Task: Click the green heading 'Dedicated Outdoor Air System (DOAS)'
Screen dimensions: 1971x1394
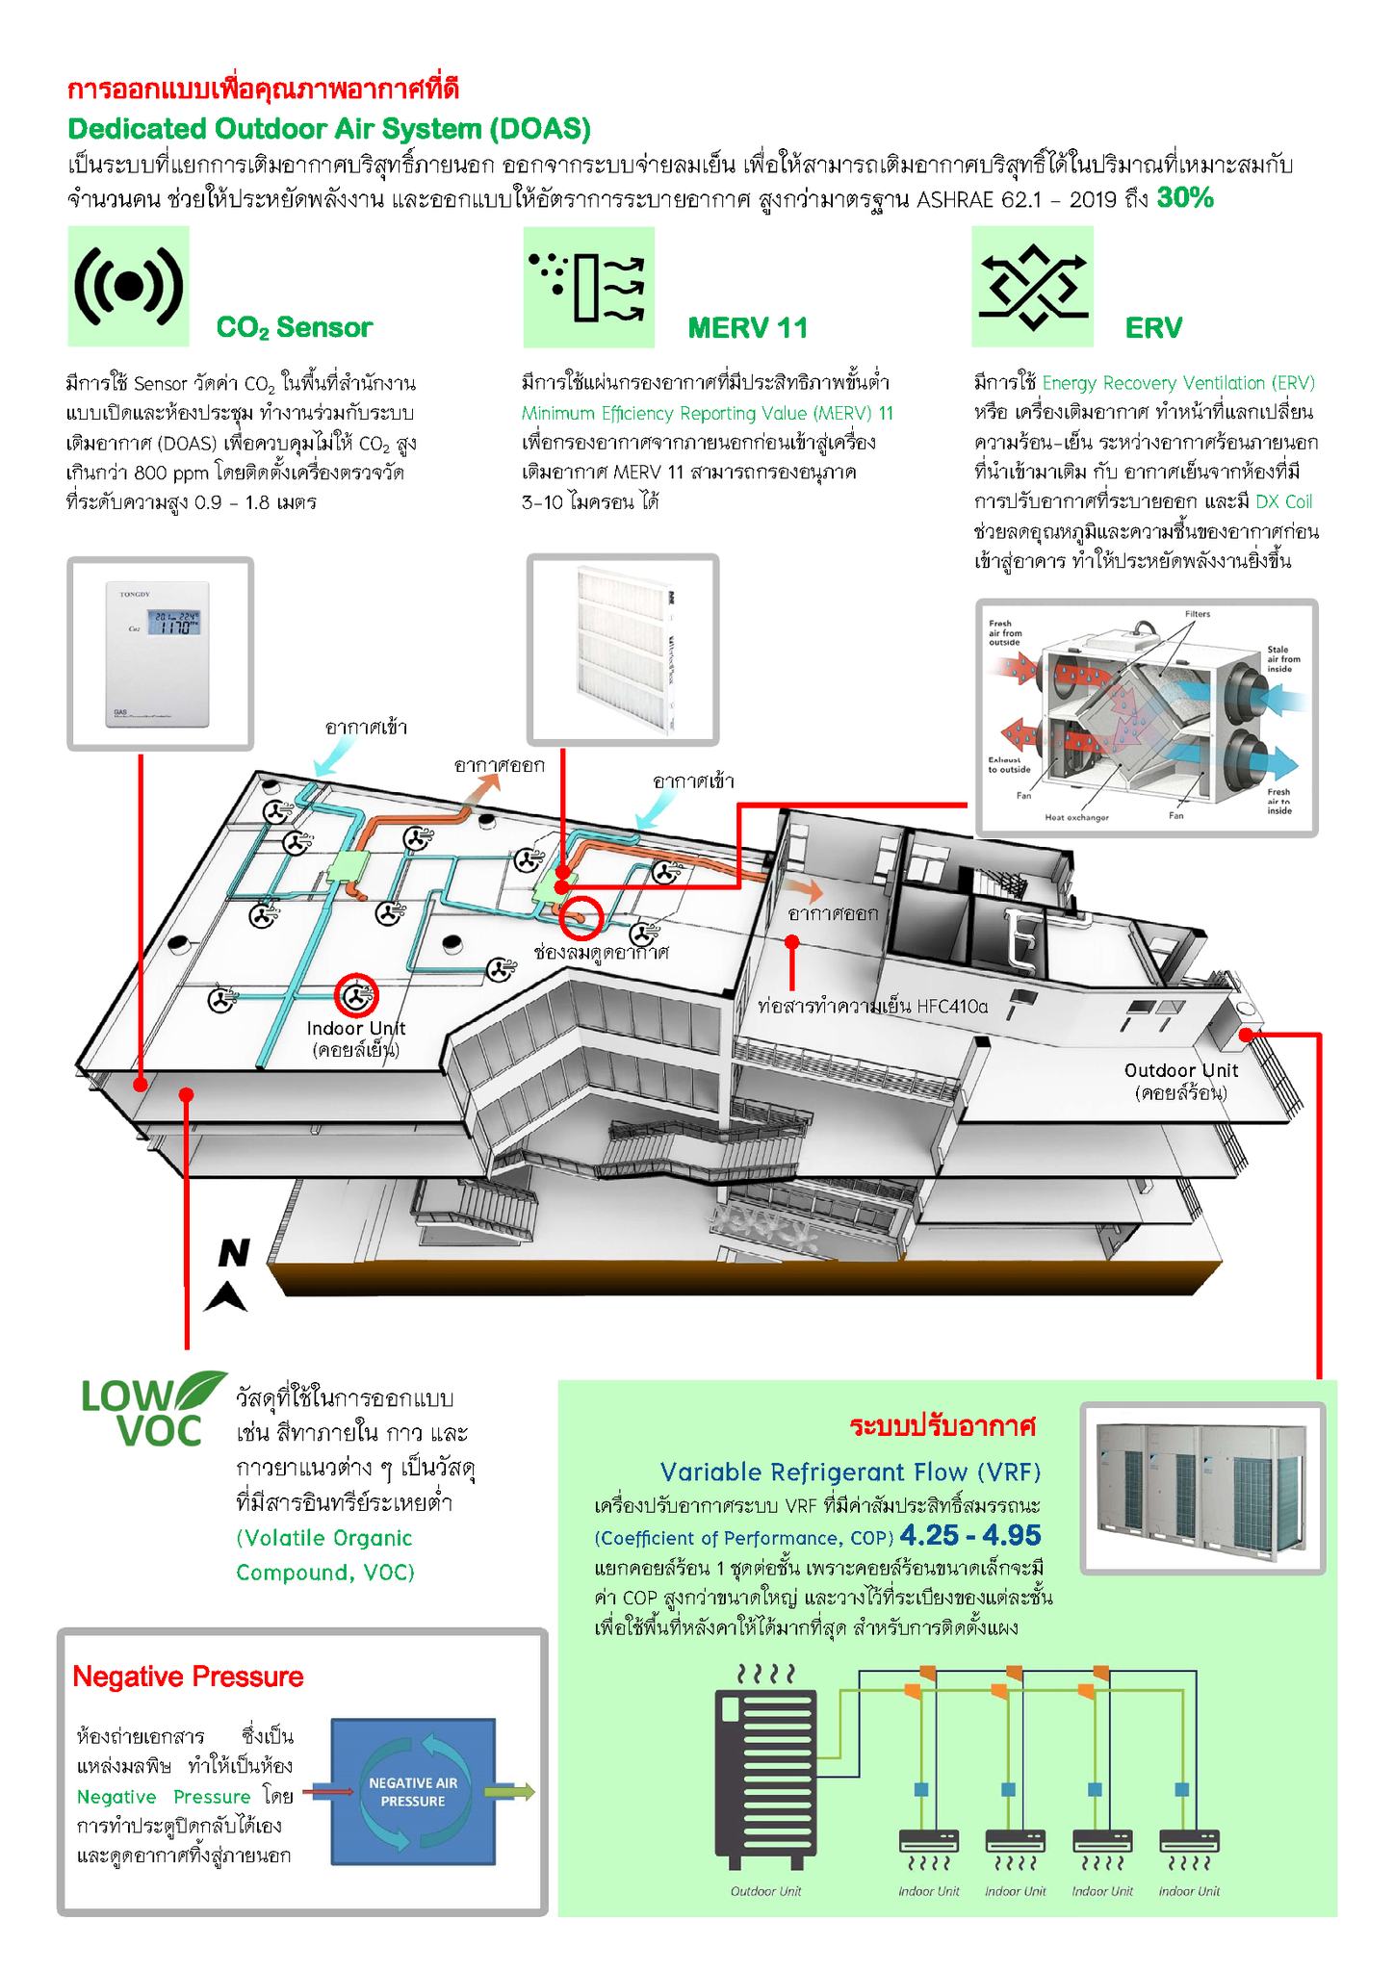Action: pos(329,129)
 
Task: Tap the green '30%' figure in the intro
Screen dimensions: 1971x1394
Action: pos(1184,198)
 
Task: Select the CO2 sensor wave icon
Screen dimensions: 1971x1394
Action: pos(129,286)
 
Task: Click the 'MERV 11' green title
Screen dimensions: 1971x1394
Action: pos(747,328)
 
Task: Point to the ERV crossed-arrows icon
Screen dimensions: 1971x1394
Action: pos(1032,287)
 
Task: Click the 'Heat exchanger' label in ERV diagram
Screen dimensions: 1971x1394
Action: pos(1076,817)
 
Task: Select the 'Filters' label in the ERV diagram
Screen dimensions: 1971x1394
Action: pos(1198,613)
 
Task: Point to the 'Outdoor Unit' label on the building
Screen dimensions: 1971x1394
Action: pos(1181,1070)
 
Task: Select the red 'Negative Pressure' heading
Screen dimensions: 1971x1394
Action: pos(188,1677)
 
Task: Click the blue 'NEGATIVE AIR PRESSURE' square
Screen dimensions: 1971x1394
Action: pos(412,1793)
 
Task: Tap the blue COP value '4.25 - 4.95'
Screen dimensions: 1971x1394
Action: pos(970,1535)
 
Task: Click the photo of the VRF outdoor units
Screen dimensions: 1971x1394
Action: pos(1202,1487)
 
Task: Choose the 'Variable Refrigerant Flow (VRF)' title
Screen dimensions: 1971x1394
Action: pos(850,1472)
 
